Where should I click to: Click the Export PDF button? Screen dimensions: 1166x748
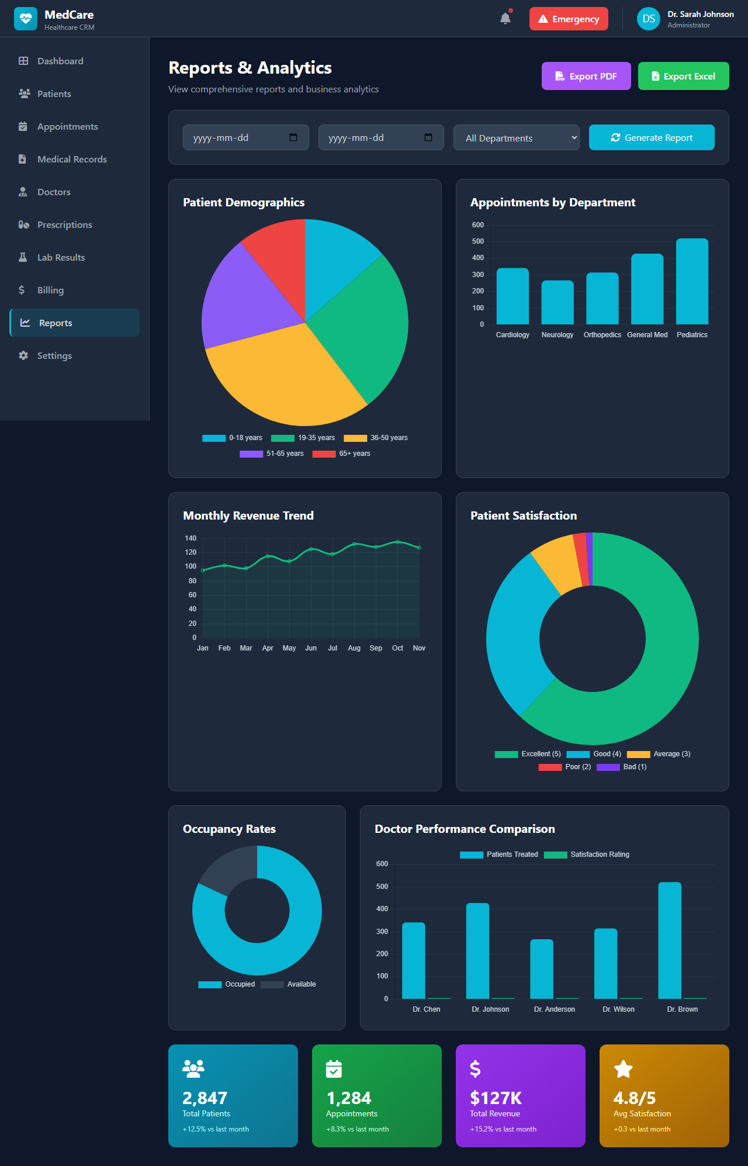point(586,76)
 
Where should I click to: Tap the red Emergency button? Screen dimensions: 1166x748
point(569,19)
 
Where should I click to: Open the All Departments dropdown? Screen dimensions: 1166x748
point(516,138)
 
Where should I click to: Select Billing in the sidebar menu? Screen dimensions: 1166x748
point(50,290)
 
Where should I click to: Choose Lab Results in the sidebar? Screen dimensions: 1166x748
point(61,257)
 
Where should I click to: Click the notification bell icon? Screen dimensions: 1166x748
point(505,19)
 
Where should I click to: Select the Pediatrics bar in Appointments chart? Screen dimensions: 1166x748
point(692,282)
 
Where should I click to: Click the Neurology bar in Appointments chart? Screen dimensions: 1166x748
point(557,303)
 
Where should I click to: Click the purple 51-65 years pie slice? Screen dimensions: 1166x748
point(245,298)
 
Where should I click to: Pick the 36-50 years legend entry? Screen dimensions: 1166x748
point(376,438)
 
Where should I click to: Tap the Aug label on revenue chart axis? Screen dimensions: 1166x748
point(354,648)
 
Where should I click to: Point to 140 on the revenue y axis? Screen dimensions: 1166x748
point(191,538)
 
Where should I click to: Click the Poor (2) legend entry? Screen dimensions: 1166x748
point(565,767)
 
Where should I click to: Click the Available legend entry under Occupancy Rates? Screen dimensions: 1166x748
point(289,984)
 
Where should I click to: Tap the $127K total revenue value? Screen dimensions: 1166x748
point(496,1098)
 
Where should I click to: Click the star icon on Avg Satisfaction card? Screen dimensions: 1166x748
point(624,1069)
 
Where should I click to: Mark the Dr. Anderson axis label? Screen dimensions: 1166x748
point(555,1009)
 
